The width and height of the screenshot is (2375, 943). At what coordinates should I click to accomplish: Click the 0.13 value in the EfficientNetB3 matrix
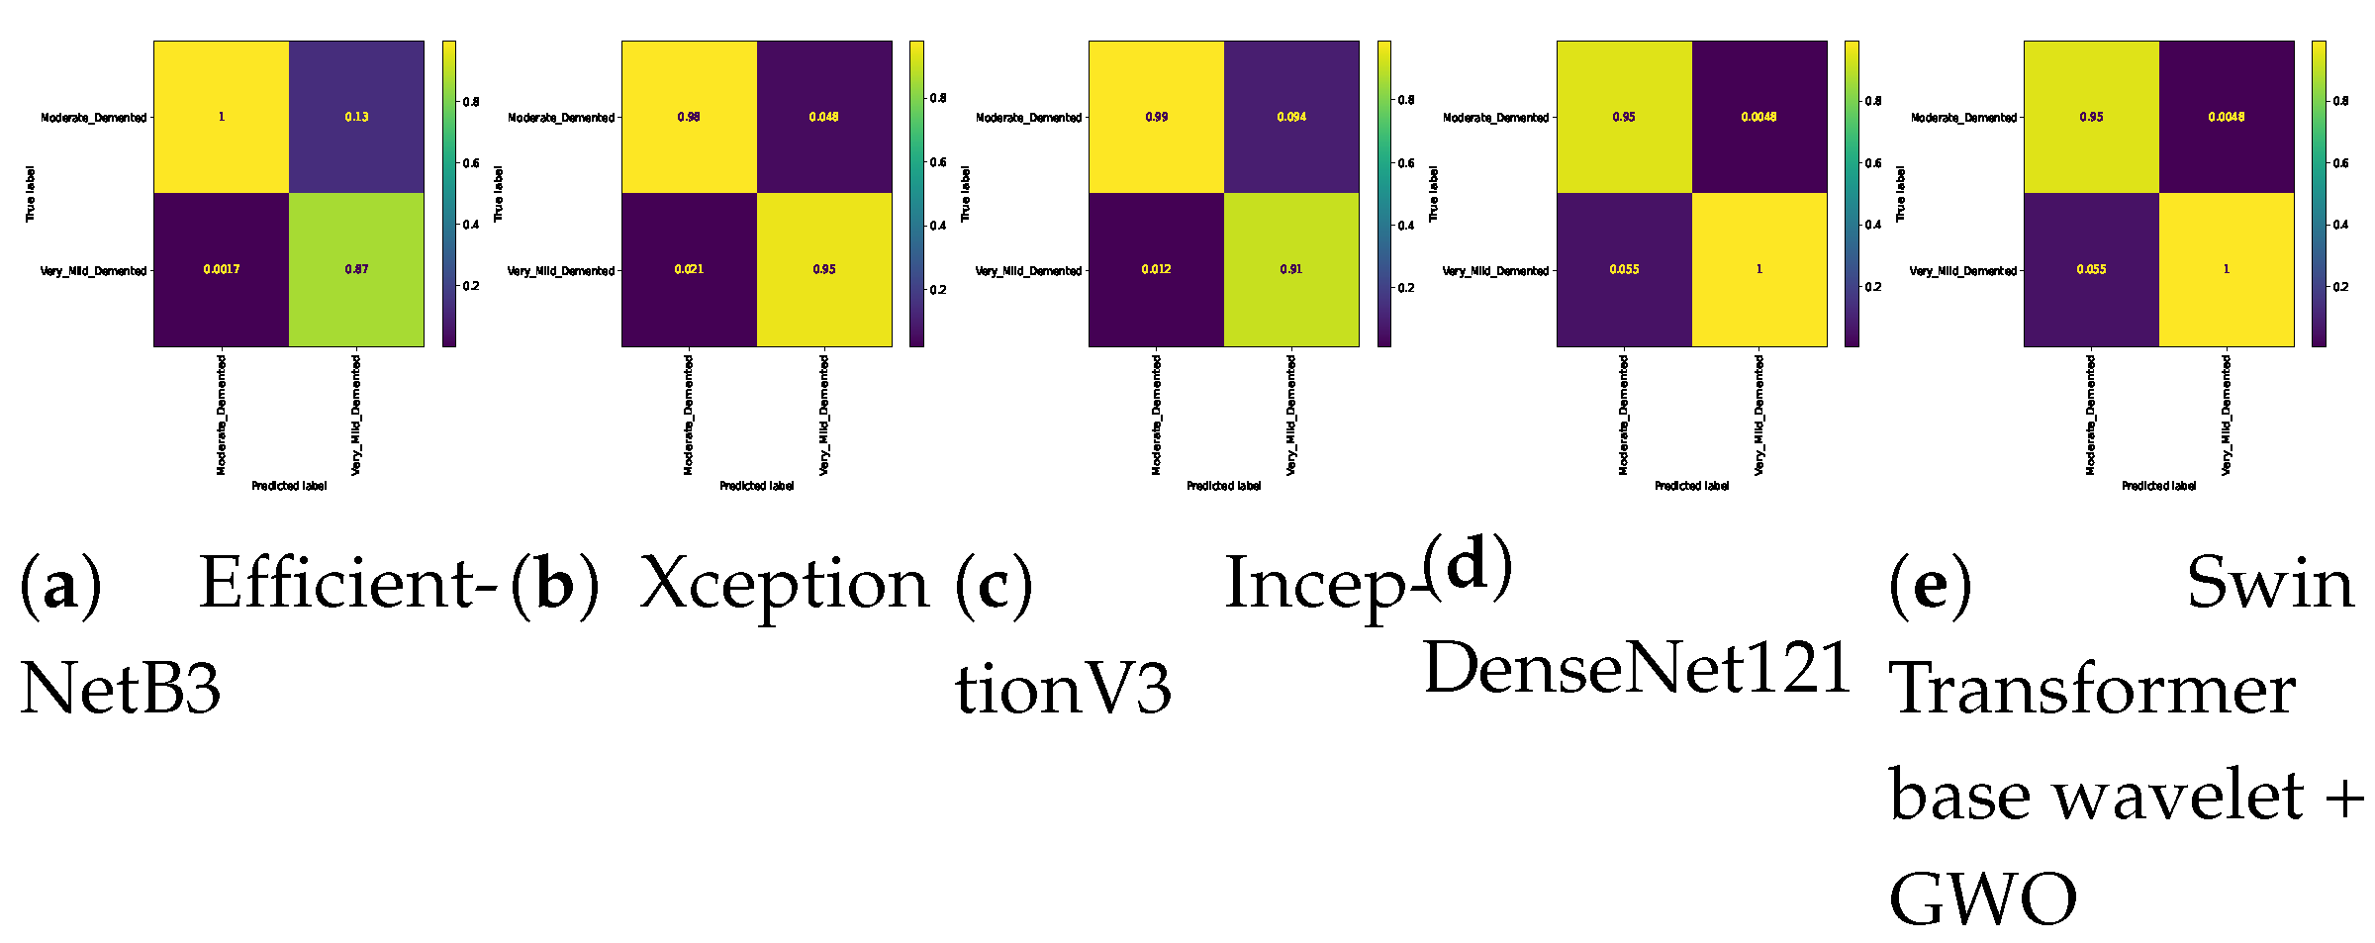pyautogui.click(x=356, y=117)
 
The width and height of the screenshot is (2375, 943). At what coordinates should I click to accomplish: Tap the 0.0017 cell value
pyautogui.click(x=221, y=269)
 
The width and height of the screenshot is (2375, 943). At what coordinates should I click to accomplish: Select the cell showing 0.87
pyautogui.click(x=356, y=269)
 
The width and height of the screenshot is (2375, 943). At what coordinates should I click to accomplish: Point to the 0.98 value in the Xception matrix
pyautogui.click(x=689, y=117)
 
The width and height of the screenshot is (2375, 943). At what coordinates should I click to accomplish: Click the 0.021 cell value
pyautogui.click(x=689, y=269)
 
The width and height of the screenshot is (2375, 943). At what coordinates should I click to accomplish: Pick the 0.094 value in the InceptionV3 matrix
pyautogui.click(x=1291, y=117)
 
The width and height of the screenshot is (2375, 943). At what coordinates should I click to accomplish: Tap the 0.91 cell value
pyautogui.click(x=1291, y=269)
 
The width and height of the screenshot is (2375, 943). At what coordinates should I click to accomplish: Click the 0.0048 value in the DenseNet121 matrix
pyautogui.click(x=1758, y=117)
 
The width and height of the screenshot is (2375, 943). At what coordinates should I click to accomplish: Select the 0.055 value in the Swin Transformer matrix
pyautogui.click(x=2091, y=269)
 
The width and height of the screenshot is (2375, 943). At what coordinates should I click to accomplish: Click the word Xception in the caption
pyautogui.click(x=785, y=584)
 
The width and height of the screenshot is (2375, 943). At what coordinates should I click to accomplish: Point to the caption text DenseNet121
pyautogui.click(x=1637, y=668)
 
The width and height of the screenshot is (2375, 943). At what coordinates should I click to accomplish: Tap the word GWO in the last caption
pyautogui.click(x=1982, y=899)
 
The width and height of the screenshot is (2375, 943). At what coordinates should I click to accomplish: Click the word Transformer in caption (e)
pyautogui.click(x=2092, y=689)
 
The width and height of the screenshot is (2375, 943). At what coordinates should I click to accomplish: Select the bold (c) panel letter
pyautogui.click(x=994, y=584)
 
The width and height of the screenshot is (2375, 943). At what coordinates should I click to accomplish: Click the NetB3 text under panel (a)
pyautogui.click(x=121, y=689)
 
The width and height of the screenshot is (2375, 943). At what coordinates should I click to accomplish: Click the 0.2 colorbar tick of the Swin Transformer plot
pyautogui.click(x=2340, y=287)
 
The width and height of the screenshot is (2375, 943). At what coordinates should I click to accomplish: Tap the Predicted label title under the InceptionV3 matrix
pyautogui.click(x=1224, y=486)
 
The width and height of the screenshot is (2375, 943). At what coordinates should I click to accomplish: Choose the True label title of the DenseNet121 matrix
pyautogui.click(x=1433, y=194)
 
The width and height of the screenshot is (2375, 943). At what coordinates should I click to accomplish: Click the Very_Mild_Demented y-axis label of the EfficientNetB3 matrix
pyautogui.click(x=93, y=271)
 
